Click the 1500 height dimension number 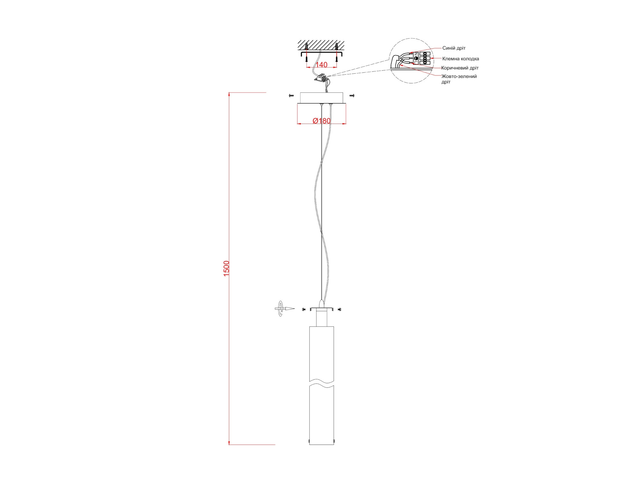pyautogui.click(x=226, y=268)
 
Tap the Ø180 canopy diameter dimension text pyautogui.click(x=322, y=121)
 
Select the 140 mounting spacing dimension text pyautogui.click(x=321, y=65)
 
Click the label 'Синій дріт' pyautogui.click(x=454, y=48)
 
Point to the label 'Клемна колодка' pyautogui.click(x=460, y=59)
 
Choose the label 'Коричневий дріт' pyautogui.click(x=460, y=68)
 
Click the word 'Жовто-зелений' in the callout pyautogui.click(x=459, y=76)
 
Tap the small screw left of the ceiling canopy pyautogui.click(x=291, y=96)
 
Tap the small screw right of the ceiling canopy pyautogui.click(x=352, y=96)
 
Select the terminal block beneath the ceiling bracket pyautogui.click(x=321, y=78)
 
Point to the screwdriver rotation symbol pyautogui.click(x=280, y=309)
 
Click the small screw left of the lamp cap pyautogui.click(x=304, y=309)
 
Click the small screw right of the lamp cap pyautogui.click(x=339, y=309)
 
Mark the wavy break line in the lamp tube pyautogui.click(x=322, y=383)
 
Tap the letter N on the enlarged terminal pyautogui.click(x=416, y=54)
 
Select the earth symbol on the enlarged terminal pyautogui.click(x=416, y=58)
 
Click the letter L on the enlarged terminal pyautogui.click(x=416, y=62)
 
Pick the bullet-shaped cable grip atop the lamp pyautogui.click(x=321, y=303)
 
